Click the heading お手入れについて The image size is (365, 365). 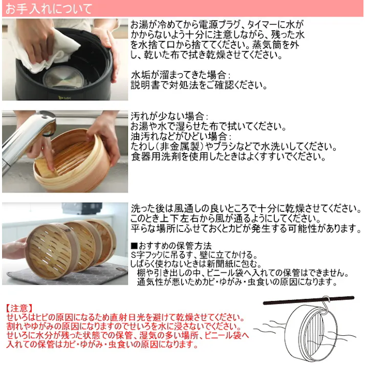pyautogui.click(x=49, y=9)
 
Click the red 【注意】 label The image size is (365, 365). pyautogui.click(x=19, y=309)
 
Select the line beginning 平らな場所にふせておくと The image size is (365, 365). pyautogui.click(x=246, y=228)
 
